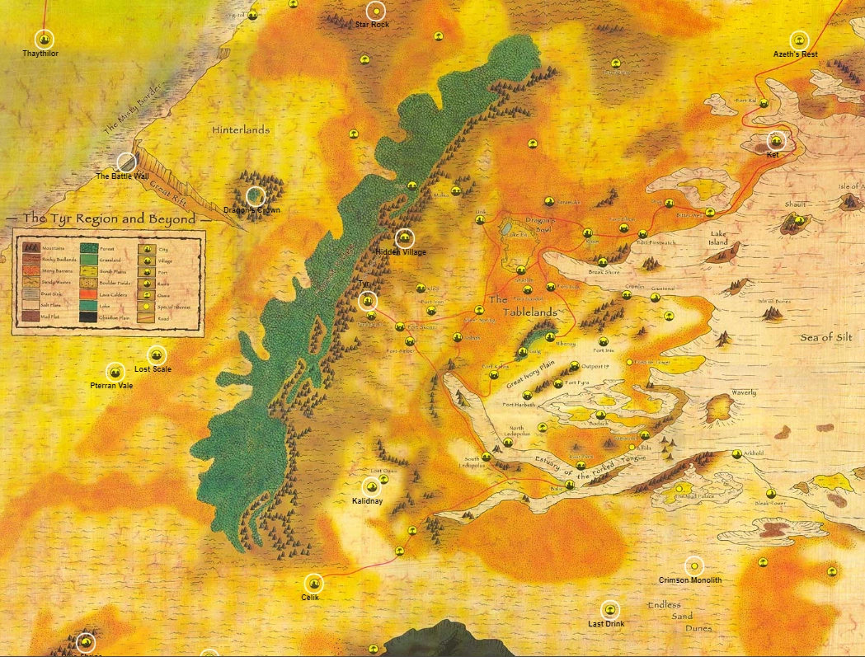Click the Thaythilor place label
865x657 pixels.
coord(40,54)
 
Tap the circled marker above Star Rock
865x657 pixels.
coord(376,12)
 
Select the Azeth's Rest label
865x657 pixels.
coord(795,54)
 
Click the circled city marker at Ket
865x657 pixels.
coord(776,141)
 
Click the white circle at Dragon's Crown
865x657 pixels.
coord(256,196)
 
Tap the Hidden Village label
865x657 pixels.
coord(401,252)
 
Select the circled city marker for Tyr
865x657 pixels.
coord(368,301)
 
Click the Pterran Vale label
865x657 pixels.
coord(111,386)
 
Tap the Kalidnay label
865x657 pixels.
coord(368,501)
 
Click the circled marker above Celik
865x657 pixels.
coord(313,583)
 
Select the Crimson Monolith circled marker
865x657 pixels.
coord(694,566)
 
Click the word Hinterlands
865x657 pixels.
coord(241,130)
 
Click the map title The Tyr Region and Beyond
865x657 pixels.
coord(109,219)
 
